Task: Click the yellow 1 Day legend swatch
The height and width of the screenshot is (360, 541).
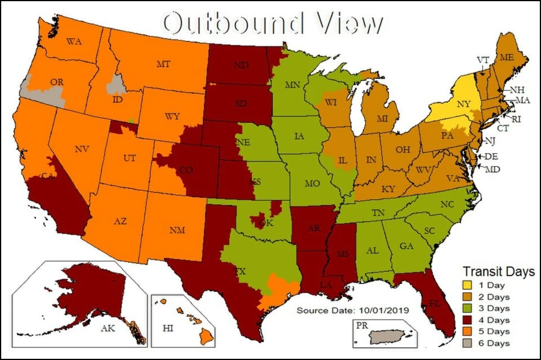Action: point(469,286)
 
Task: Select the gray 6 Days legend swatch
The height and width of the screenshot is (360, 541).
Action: point(469,343)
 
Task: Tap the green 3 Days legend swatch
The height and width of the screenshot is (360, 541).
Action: point(469,308)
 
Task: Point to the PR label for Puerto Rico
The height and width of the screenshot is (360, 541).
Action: point(361,326)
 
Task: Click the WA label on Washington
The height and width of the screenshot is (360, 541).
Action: point(74,42)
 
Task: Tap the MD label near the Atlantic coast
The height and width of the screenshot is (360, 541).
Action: point(492,170)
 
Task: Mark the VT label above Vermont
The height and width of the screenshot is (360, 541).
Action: point(482,59)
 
